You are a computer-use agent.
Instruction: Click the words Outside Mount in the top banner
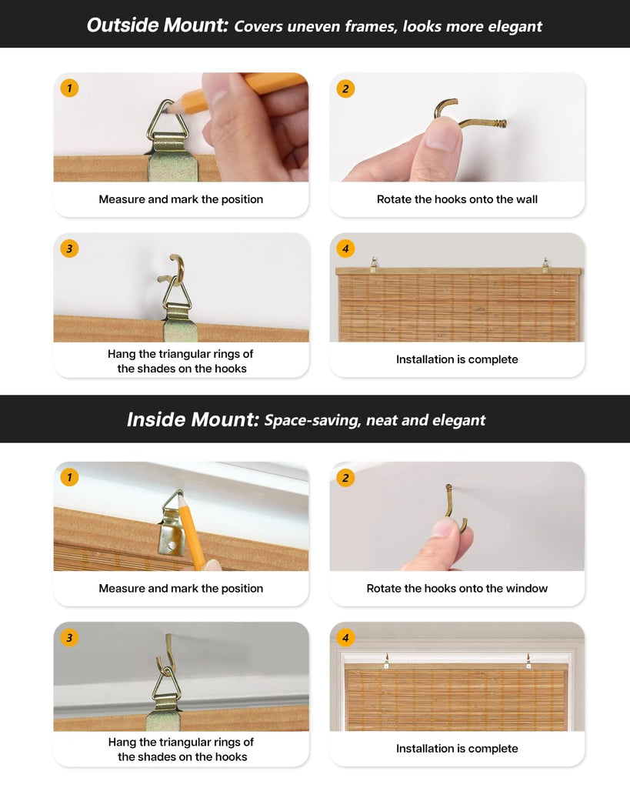click(x=158, y=25)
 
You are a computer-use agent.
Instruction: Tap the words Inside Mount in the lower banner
click(x=193, y=419)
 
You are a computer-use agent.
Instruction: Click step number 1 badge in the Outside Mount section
click(x=69, y=88)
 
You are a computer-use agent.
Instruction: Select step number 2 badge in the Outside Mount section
click(x=345, y=89)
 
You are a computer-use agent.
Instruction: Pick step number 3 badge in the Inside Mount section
click(x=69, y=638)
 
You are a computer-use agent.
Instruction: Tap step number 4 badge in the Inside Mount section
click(x=345, y=638)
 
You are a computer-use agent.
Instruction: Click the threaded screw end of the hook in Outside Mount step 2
click(x=498, y=122)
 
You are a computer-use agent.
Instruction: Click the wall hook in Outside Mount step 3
click(x=173, y=272)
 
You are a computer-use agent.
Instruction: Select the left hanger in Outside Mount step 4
click(x=373, y=265)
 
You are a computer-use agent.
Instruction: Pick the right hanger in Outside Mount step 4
click(x=545, y=265)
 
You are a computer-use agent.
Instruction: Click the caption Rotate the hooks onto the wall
click(x=457, y=199)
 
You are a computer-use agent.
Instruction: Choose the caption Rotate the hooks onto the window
click(x=457, y=589)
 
